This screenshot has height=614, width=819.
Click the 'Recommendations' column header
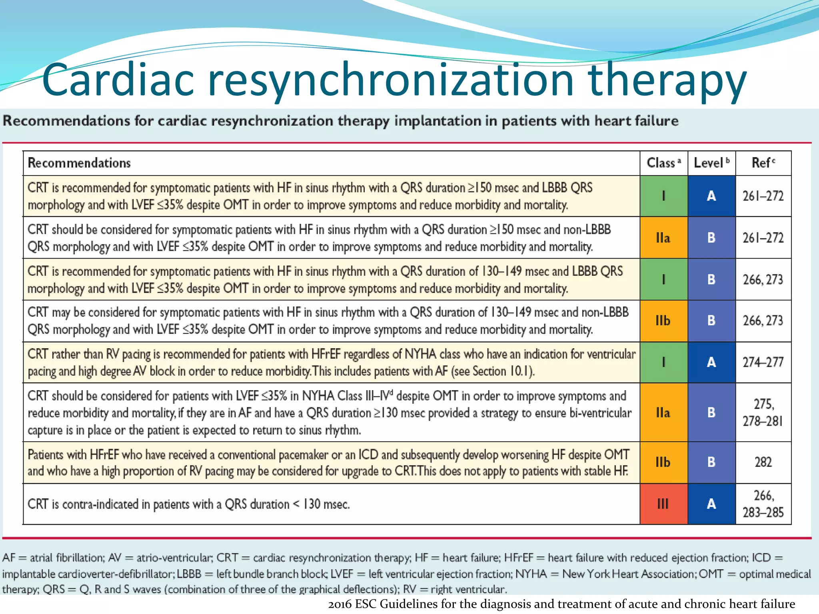point(79,163)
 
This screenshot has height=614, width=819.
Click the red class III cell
point(663,504)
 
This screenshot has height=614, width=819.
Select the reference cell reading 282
point(763,462)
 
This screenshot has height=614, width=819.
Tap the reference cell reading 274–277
point(763,362)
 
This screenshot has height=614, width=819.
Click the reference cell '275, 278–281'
point(763,413)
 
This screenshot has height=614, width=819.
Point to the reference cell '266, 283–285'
point(763,504)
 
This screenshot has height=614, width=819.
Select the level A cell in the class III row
point(711,504)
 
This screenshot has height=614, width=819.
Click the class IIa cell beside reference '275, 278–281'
point(663,413)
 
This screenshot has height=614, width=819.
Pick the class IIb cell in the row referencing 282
point(663,462)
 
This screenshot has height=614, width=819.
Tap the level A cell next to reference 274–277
point(711,362)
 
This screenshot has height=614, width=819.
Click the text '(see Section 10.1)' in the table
point(493,371)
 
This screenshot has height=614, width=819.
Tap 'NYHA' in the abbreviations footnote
point(531,574)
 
